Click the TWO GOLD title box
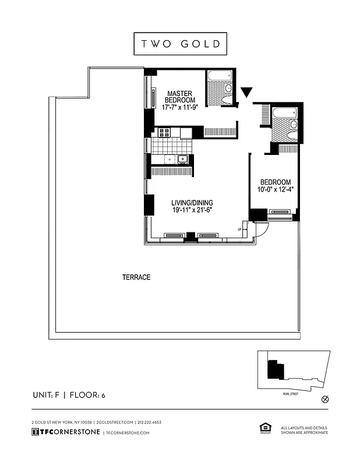coord(180,44)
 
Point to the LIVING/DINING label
coord(192,203)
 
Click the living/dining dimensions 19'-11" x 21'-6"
coord(192,211)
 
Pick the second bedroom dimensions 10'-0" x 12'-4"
coord(276,189)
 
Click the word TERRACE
coord(136,277)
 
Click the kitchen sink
coord(182,159)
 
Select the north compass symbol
coord(325,399)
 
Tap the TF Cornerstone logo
coord(64,433)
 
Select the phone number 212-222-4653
coord(150,422)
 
